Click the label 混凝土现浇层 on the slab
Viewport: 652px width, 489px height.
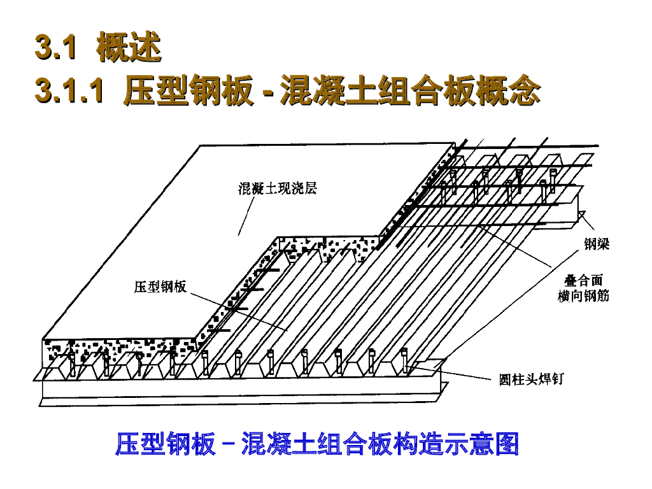pyautogui.click(x=278, y=188)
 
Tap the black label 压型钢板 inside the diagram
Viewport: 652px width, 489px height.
pyautogui.click(x=160, y=287)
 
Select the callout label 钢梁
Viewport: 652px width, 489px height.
pyautogui.click(x=597, y=244)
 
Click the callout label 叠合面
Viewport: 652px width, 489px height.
pyautogui.click(x=583, y=281)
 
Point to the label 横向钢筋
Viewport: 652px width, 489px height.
pyautogui.click(x=583, y=296)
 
